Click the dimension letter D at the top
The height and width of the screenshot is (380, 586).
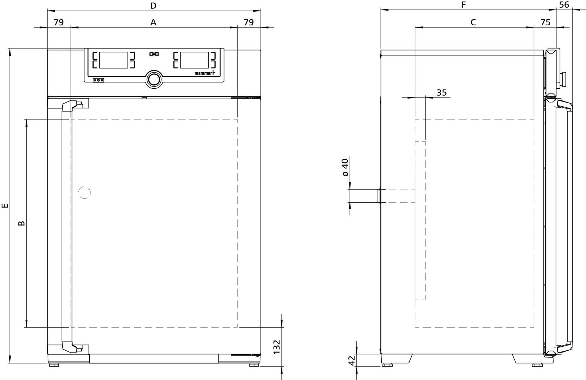click(x=153, y=5)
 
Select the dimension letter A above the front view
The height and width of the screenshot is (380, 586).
click(x=153, y=22)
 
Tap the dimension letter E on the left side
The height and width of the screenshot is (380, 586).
click(x=5, y=206)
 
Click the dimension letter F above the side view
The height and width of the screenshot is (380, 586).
click(x=464, y=5)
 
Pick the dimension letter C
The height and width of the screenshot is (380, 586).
click(x=473, y=22)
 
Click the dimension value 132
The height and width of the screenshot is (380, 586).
click(x=277, y=347)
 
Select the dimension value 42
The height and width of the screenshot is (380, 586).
click(x=352, y=360)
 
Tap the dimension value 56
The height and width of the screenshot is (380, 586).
click(x=564, y=5)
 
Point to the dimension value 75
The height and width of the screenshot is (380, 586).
click(x=545, y=22)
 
